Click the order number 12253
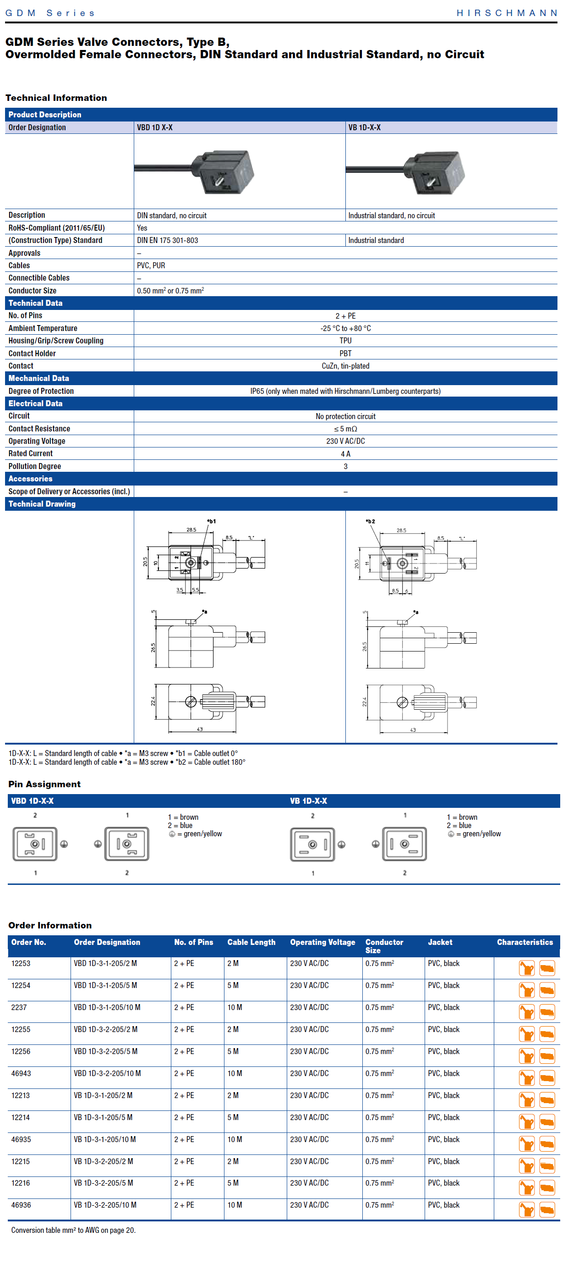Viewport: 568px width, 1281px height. click(21, 963)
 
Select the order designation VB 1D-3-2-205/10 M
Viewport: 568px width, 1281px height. click(105, 1205)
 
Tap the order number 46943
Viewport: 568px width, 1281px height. click(21, 1073)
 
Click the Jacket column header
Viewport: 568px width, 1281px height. click(440, 942)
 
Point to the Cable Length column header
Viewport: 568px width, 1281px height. click(251, 942)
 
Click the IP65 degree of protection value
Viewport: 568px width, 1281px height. click(345, 391)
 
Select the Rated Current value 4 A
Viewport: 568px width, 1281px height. click(345, 453)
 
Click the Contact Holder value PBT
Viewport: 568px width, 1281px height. click(345, 353)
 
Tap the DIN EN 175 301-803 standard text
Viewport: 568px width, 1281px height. click(168, 240)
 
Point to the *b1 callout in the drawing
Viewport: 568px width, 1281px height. click(211, 521)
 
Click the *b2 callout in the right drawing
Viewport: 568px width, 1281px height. click(370, 521)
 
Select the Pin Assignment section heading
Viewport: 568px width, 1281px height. click(44, 784)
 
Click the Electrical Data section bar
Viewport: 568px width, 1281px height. click(35, 403)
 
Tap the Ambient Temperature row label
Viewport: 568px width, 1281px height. click(43, 328)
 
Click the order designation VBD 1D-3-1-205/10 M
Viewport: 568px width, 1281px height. click(107, 1007)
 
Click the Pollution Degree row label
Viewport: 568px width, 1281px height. click(35, 466)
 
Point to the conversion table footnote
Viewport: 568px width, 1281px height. click(73, 1230)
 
